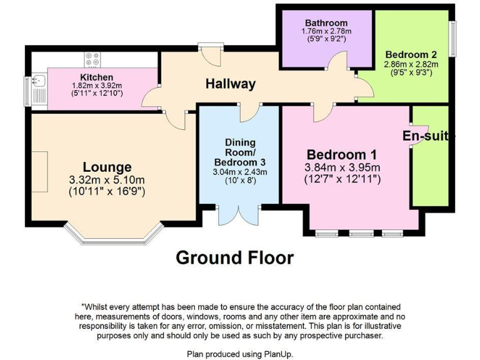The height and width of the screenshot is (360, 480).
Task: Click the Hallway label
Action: [231, 84]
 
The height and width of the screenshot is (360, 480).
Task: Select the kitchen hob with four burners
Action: [92, 59]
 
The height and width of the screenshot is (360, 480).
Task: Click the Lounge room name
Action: [107, 167]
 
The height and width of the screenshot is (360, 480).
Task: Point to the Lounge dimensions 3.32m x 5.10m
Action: [107, 181]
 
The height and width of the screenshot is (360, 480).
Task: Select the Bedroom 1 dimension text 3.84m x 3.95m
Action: [342, 167]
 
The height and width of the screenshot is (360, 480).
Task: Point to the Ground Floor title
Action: [234, 257]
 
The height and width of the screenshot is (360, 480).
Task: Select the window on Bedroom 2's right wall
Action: [453, 40]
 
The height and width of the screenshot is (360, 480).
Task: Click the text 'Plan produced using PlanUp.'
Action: [240, 353]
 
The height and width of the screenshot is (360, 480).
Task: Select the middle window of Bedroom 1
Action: [360, 234]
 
